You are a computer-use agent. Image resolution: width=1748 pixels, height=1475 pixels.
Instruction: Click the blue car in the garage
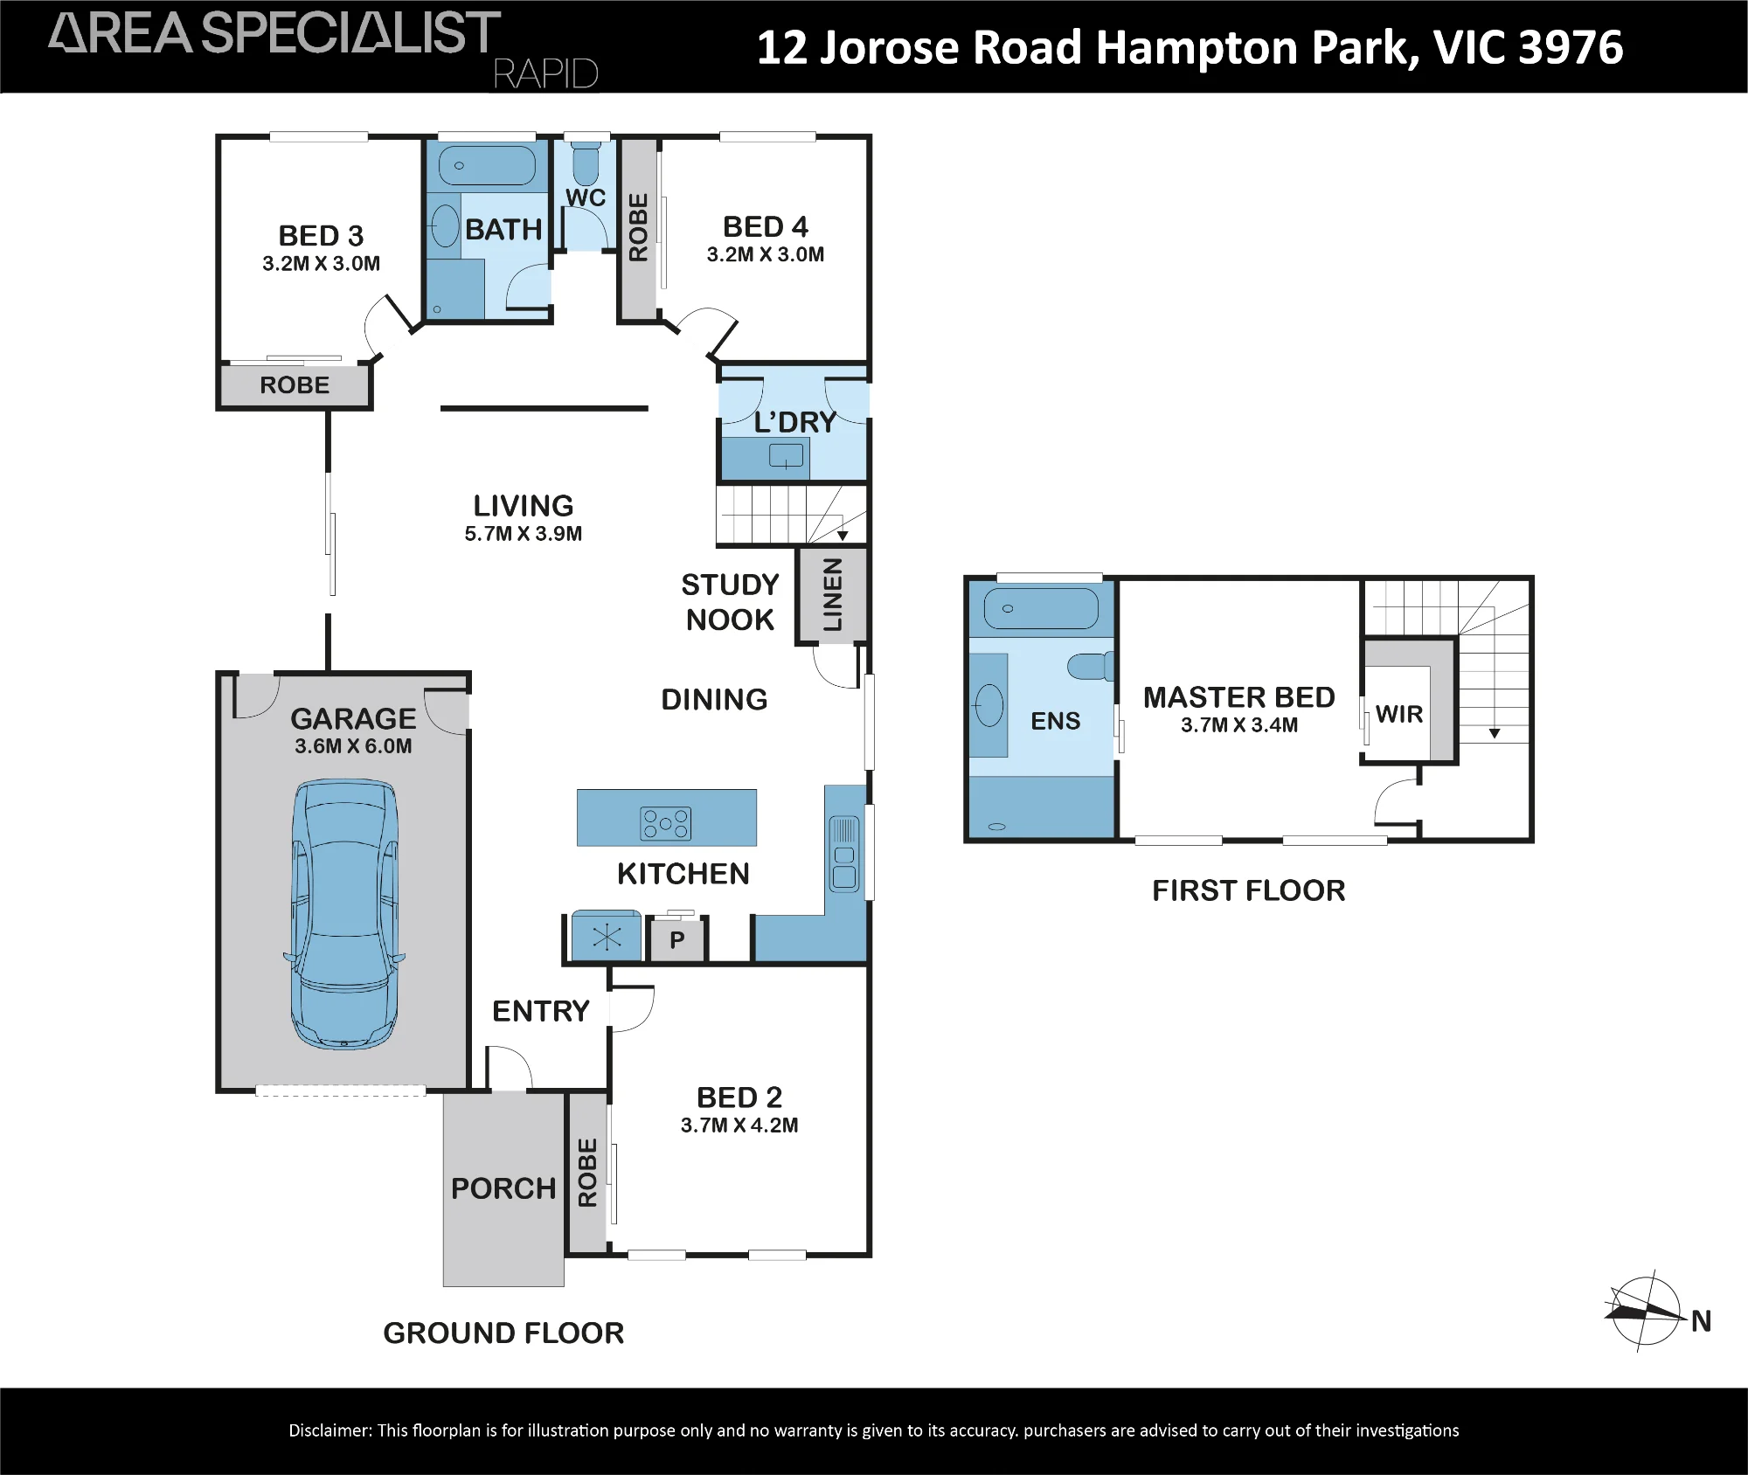coord(343,914)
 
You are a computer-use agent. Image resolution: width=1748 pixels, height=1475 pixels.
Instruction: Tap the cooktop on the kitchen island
coord(666,822)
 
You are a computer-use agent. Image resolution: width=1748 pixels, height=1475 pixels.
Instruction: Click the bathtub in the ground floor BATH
coord(487,165)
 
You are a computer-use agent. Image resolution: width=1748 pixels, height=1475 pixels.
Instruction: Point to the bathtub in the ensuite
coord(1041,608)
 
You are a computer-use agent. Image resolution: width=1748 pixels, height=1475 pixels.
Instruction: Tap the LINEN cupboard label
coord(833,595)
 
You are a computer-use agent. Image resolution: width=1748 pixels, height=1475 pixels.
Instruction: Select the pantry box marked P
coord(676,940)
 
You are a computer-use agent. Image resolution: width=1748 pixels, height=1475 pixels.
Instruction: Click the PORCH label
coord(503,1188)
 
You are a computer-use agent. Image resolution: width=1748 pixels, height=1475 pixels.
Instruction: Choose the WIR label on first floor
coord(1399,714)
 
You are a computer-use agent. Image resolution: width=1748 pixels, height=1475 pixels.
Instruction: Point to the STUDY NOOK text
coord(730,602)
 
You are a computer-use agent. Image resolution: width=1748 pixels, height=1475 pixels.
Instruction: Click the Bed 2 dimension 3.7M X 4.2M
coord(739,1125)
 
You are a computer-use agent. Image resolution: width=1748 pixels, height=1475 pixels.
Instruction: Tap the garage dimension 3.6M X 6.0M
coord(353,746)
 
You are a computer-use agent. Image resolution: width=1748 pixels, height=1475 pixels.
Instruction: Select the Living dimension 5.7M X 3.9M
coord(524,534)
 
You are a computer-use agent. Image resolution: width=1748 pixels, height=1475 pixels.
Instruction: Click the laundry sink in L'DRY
coord(786,455)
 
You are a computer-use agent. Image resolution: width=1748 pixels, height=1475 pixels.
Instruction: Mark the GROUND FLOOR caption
coord(503,1333)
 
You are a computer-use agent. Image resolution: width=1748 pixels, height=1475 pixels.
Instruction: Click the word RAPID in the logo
coord(546,74)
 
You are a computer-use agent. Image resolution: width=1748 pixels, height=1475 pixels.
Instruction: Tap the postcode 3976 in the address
coord(1571,47)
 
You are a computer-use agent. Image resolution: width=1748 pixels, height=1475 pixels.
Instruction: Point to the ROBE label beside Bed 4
coord(639,227)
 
